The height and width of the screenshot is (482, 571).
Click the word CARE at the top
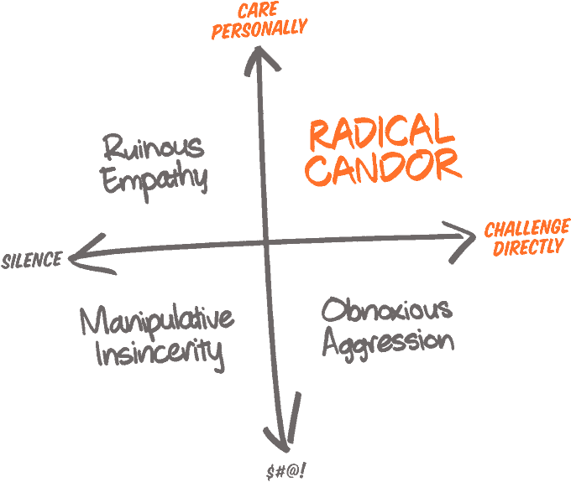coord(258,11)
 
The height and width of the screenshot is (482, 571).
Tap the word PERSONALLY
coord(259,29)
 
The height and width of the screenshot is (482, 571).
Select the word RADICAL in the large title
coord(381,132)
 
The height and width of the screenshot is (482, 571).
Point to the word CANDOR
coord(383,167)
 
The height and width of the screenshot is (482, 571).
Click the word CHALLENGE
coord(526,229)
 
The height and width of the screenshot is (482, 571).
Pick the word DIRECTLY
coord(527,248)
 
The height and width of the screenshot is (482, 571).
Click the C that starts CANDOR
coord(317,170)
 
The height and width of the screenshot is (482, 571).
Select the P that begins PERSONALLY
coord(217,33)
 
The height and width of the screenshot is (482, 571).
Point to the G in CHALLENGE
coord(553,227)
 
